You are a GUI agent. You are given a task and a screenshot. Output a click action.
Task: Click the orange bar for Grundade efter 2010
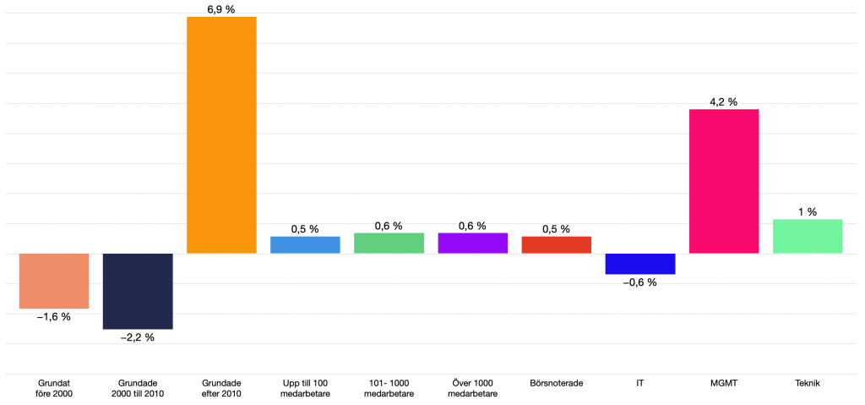221,135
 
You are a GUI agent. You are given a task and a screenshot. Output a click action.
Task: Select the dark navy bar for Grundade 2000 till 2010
138,291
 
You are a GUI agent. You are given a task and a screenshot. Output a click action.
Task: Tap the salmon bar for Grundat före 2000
54,281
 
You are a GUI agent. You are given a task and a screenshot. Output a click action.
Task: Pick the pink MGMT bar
724,181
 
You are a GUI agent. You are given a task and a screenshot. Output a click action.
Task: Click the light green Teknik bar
808,236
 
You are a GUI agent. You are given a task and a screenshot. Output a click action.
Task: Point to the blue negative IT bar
640,264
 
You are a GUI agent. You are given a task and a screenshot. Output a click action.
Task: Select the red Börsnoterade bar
557,244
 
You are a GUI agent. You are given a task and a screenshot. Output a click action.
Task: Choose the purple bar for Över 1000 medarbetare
472,243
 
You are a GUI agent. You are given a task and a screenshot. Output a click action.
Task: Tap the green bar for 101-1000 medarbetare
389,243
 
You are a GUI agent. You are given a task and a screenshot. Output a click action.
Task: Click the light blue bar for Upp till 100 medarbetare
305,244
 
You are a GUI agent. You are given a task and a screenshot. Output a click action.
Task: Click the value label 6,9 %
221,8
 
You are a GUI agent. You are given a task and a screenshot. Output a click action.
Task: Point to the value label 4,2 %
724,101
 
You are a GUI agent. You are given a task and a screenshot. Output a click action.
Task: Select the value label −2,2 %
138,337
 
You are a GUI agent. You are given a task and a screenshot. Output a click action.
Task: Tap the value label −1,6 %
54,317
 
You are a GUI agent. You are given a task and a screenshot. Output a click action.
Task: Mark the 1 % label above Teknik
808,212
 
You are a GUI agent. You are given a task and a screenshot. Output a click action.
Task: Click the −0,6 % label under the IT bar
640,282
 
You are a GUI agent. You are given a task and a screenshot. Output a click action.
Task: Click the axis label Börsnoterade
557,383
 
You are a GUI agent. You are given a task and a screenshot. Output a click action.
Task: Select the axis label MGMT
724,383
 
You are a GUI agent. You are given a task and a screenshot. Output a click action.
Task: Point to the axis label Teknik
808,383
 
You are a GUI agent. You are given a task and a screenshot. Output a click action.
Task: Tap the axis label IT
640,383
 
